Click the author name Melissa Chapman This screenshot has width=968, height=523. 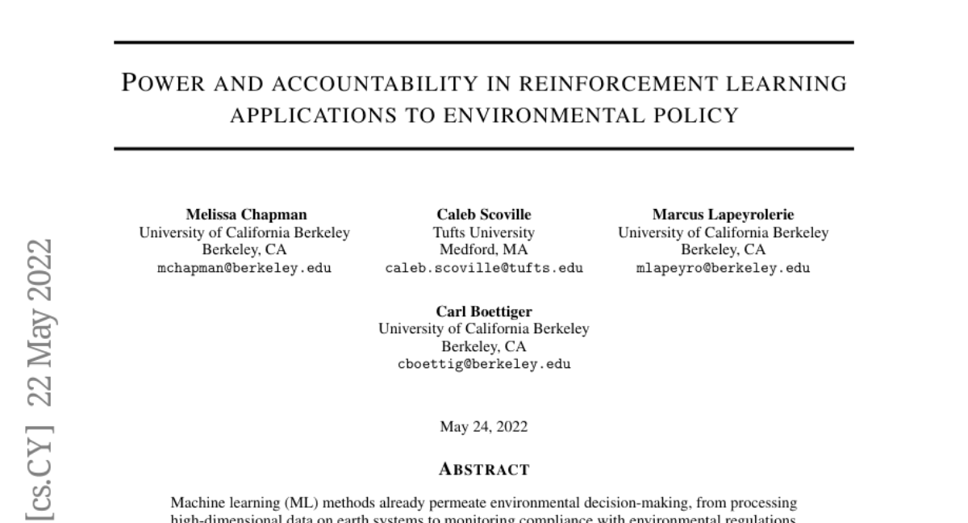[244, 215]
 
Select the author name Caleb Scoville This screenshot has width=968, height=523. [484, 215]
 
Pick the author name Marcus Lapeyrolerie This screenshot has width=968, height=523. [723, 215]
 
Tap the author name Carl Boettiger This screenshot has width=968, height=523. [484, 312]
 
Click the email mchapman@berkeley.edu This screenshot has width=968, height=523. [244, 268]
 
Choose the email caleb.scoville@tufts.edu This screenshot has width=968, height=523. [484, 268]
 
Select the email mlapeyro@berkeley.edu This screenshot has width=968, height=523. [723, 268]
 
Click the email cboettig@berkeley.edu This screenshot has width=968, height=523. [484, 365]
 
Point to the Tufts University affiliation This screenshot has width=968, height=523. [484, 232]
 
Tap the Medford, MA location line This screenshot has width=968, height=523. [484, 250]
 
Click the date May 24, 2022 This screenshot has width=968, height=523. [484, 427]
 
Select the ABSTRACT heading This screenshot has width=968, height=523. [484, 469]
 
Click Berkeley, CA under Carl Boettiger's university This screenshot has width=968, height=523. [484, 347]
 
